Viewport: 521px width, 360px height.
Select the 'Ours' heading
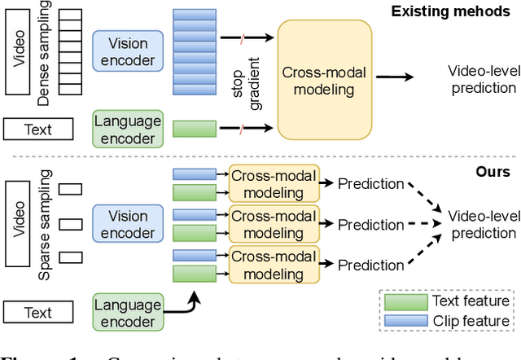point(493,172)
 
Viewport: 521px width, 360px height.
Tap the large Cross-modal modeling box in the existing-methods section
point(325,79)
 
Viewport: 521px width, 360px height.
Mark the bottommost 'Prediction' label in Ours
point(370,265)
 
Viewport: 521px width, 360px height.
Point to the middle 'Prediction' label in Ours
point(370,224)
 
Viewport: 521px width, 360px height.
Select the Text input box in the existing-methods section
point(38,129)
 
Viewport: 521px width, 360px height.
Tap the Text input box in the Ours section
point(38,312)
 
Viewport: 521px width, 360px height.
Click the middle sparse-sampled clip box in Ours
point(72,222)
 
